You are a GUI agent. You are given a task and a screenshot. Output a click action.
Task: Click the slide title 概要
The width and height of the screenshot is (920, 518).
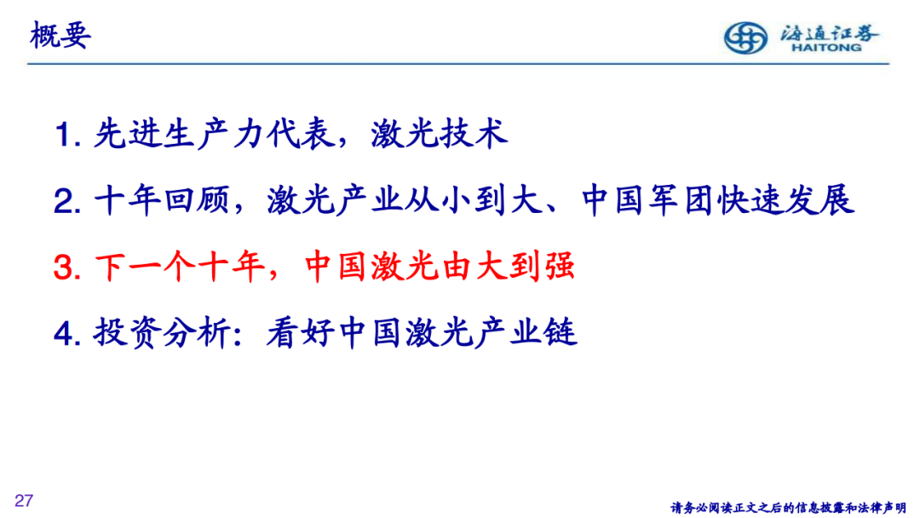click(60, 35)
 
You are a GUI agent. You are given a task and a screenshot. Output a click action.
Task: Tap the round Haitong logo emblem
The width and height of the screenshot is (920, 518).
click(745, 37)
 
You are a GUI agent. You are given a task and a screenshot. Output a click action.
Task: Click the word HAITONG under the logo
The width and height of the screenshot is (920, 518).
click(826, 48)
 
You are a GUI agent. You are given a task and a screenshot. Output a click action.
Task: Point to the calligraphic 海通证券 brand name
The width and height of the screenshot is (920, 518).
click(829, 32)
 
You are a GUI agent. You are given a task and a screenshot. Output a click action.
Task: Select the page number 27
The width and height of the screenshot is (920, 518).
click(24, 500)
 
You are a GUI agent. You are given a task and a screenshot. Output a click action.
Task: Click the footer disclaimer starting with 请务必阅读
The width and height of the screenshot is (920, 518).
click(788, 508)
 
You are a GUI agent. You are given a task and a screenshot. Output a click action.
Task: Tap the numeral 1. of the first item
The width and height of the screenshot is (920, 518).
click(67, 135)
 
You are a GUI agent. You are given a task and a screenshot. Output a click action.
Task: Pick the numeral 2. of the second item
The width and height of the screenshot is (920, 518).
click(67, 201)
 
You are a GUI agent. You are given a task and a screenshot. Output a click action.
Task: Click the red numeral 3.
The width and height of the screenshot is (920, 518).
click(67, 268)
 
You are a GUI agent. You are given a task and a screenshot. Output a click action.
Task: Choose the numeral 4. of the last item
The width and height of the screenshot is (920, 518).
click(67, 334)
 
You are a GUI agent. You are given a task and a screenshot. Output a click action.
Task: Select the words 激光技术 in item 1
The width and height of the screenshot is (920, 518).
click(440, 133)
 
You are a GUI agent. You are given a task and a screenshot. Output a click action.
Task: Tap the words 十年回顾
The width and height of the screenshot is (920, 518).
click(161, 200)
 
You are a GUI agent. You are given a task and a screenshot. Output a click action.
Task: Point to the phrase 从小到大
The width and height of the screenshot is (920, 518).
click(474, 200)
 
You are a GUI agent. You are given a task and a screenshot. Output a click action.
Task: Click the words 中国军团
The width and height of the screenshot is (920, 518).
click(647, 200)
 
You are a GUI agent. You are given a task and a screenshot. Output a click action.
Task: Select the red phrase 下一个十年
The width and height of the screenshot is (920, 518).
click(179, 267)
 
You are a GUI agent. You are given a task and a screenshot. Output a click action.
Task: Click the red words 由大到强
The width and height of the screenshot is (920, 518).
click(508, 267)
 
